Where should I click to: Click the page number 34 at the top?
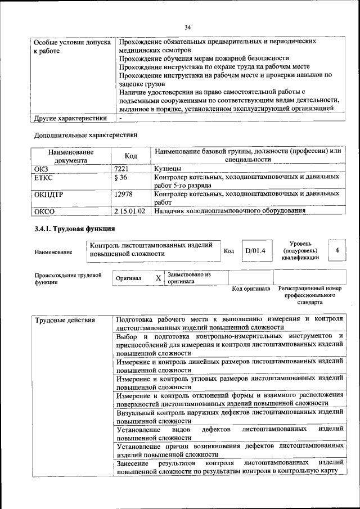pyautogui.click(x=188, y=27)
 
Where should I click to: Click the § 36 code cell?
pyautogui.click(x=120, y=177)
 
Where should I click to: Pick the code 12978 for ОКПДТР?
pyautogui.click(x=123, y=194)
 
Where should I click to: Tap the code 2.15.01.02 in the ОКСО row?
pyautogui.click(x=129, y=211)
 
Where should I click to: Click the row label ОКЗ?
pyautogui.click(x=42, y=168)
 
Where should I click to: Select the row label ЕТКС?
pyautogui.click(x=44, y=177)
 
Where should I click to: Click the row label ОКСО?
pyautogui.click(x=44, y=211)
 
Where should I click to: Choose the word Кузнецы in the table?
pyautogui.click(x=167, y=168)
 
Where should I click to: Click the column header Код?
pyautogui.click(x=131, y=156)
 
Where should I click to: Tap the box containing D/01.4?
pyautogui.click(x=255, y=251)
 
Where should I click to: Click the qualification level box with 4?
pyautogui.click(x=336, y=250)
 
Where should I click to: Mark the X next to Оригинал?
pyautogui.click(x=158, y=278)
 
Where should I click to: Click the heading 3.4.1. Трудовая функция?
pyautogui.click(x=74, y=229)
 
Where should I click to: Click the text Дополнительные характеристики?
pyautogui.click(x=85, y=135)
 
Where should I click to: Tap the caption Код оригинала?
pyautogui.click(x=251, y=289)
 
